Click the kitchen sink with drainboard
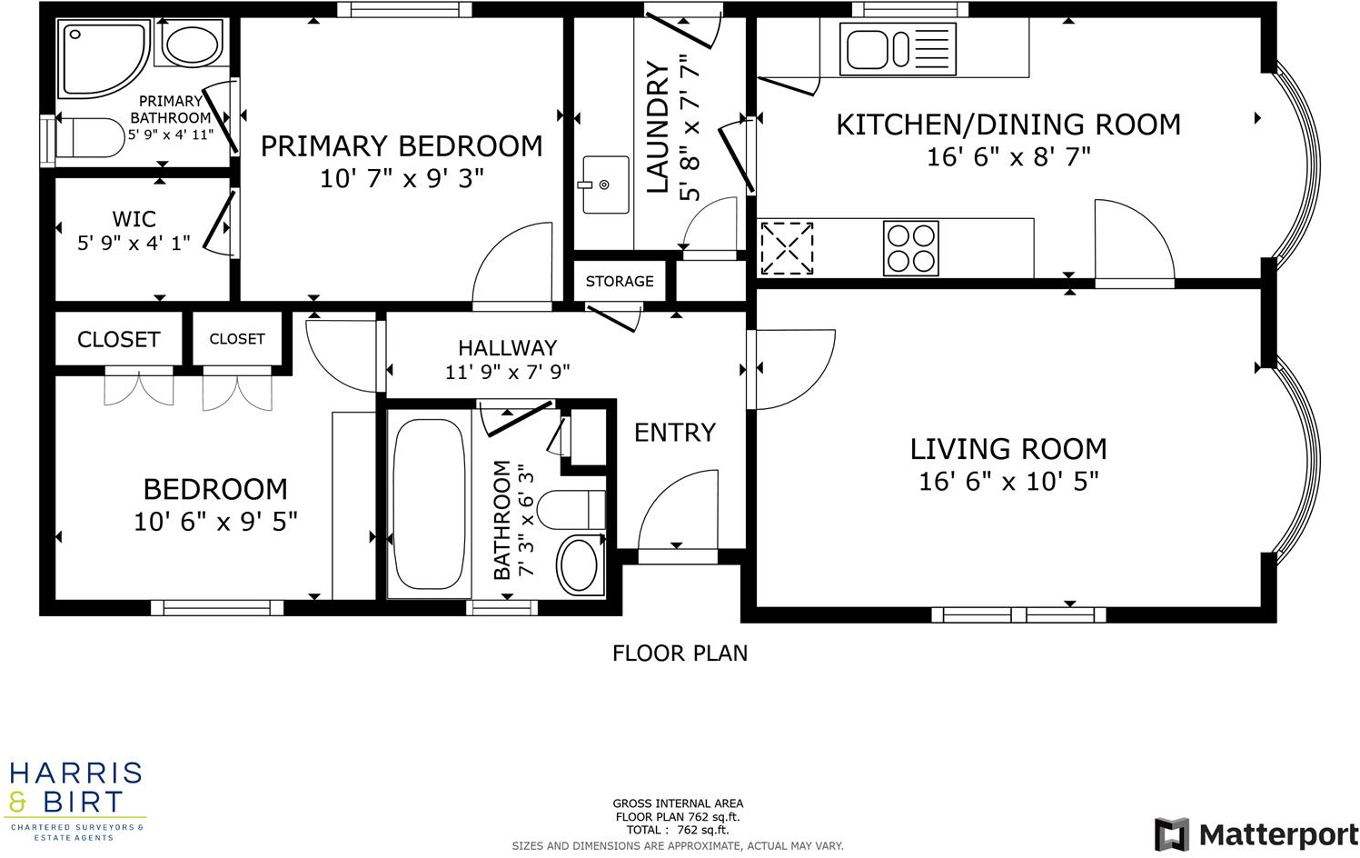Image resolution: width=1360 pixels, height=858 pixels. point(898,49)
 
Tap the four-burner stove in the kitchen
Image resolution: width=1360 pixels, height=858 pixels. point(910,248)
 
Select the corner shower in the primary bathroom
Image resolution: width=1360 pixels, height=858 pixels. point(103,58)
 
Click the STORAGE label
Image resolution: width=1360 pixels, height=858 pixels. point(620,282)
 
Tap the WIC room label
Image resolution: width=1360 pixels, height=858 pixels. point(134,219)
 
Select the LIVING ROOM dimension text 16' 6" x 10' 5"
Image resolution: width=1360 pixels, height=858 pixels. point(1008,481)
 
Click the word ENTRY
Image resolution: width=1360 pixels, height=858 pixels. point(675,433)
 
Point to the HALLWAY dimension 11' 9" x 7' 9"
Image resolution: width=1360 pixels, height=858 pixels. point(507,372)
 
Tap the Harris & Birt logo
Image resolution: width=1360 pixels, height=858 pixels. point(75,801)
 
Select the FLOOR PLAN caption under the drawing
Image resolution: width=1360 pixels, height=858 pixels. point(680,653)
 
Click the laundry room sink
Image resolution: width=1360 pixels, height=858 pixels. point(605,185)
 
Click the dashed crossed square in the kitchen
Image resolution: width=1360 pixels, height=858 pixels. point(786,247)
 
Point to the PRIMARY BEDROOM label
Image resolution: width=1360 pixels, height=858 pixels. point(402,146)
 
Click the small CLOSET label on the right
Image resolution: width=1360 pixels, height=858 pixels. point(237,339)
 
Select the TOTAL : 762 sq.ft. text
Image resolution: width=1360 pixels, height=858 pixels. point(678,830)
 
